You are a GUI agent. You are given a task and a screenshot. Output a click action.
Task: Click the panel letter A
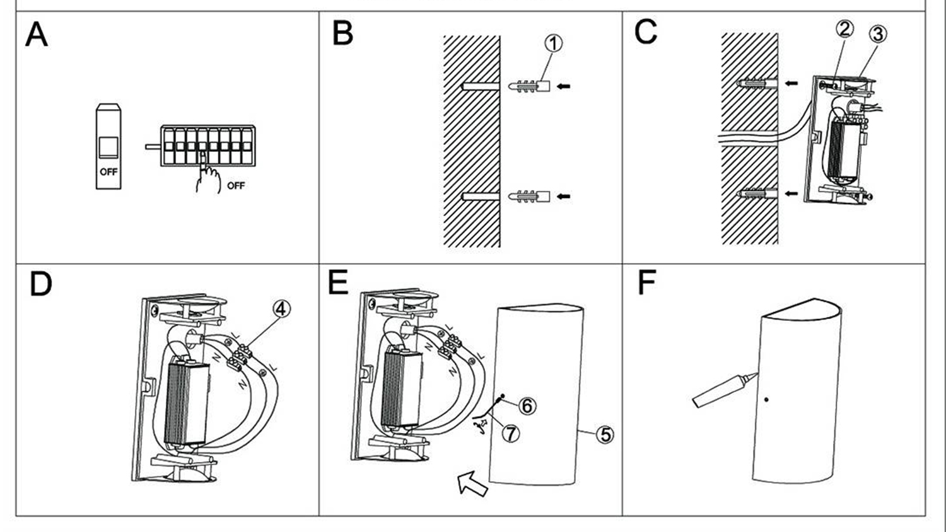(x=37, y=35)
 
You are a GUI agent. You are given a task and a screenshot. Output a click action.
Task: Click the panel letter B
(x=342, y=33)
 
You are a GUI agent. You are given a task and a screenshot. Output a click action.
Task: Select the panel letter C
(x=646, y=32)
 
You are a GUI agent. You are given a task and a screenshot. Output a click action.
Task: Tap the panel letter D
(x=40, y=284)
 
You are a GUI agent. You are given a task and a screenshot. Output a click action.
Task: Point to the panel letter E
(x=338, y=282)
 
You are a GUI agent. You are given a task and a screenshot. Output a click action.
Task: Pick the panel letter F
(x=646, y=282)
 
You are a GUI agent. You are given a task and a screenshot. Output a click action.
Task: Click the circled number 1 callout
(x=553, y=43)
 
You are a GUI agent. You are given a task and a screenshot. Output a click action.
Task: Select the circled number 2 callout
(x=844, y=28)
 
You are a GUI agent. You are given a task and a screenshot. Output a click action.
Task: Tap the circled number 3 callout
(x=878, y=33)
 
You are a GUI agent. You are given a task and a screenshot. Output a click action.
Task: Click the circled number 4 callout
(x=281, y=308)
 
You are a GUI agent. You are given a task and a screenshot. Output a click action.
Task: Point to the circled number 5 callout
(x=605, y=434)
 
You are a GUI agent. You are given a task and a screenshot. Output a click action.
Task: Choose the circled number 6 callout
(x=527, y=405)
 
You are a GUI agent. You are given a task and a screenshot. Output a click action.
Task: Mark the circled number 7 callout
(x=510, y=433)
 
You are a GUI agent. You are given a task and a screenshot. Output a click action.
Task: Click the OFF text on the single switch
(x=108, y=171)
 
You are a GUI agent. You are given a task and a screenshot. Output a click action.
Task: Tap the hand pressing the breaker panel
(x=207, y=176)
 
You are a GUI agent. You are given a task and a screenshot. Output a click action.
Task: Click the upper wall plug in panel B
(x=529, y=86)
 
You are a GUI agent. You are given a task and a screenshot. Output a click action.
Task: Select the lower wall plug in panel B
(x=529, y=197)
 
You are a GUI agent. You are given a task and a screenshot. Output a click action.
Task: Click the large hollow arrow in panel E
(x=472, y=483)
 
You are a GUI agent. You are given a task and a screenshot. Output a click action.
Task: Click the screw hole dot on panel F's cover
(x=766, y=399)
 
